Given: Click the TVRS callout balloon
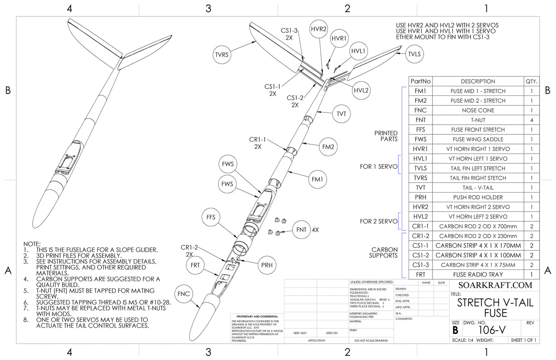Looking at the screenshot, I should tap(222, 55).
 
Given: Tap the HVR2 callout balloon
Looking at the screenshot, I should tap(319, 29).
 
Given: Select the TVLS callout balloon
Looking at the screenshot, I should tap(414, 54).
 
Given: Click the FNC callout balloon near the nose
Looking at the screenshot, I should tap(184, 294).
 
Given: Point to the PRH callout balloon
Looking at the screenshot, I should tap(267, 265).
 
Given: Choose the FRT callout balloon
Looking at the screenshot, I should tap(195, 265).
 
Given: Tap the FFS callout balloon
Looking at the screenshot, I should tap(211, 217).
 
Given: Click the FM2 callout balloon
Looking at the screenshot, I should tap(328, 147).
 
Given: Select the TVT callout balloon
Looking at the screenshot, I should tap(341, 114).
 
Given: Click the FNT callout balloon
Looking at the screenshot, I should tap(301, 230).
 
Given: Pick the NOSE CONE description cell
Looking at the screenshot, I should tap(478, 110).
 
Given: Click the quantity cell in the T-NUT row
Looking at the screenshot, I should tap(532, 120).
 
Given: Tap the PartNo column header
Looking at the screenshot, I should tap(421, 81).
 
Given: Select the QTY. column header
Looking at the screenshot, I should tap(532, 81).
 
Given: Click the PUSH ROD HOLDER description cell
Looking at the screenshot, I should tap(478, 197).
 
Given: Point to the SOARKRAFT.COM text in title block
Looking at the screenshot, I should tap(495, 285).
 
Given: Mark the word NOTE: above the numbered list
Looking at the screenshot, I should tap(32, 244).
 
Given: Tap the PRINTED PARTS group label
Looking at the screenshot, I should tap(386, 136).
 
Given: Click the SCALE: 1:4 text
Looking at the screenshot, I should tap(462, 340).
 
